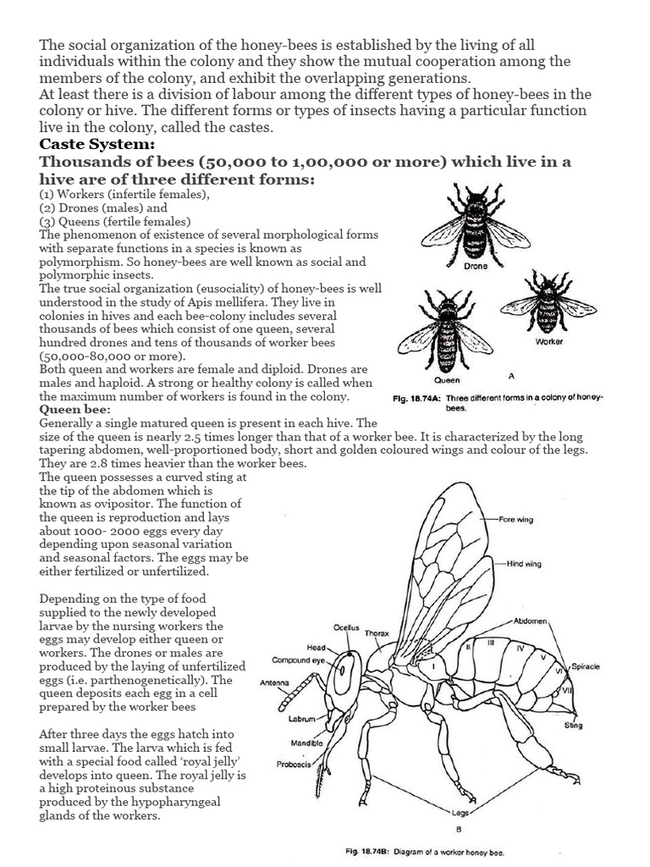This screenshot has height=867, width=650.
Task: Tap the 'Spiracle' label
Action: [585, 666]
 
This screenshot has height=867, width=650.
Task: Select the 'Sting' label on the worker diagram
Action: [573, 725]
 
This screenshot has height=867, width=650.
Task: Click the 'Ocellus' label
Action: [346, 627]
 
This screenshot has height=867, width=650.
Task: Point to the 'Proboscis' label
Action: [295, 764]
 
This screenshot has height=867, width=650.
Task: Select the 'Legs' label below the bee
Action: [460, 813]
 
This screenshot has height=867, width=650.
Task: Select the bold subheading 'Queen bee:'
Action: [74, 409]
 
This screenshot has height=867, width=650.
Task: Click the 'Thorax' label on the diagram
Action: [377, 632]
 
